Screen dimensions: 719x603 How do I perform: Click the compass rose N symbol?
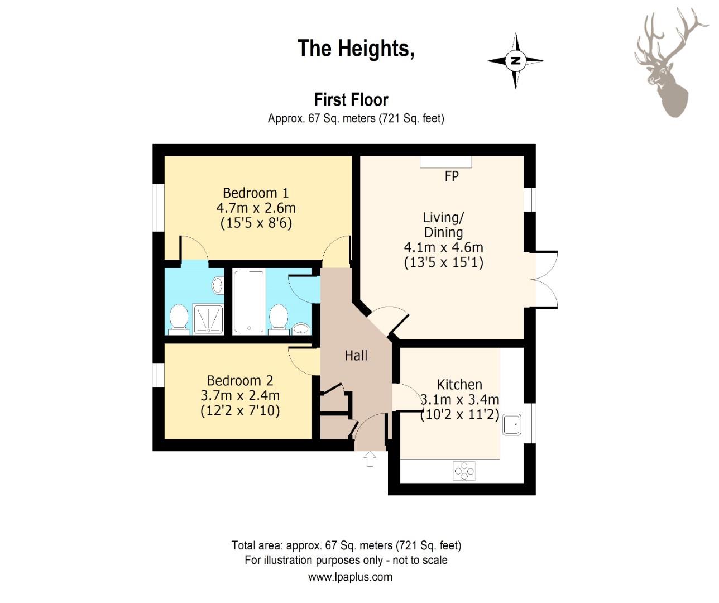[515, 61]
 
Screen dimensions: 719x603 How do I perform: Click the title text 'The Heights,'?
[356, 49]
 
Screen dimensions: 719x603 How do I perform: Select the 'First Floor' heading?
[351, 100]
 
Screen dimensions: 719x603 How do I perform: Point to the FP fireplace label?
[452, 176]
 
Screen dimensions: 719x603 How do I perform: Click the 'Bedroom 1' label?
[256, 193]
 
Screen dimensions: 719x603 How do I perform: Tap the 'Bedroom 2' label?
[240, 381]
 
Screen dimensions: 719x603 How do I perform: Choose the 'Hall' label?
[356, 356]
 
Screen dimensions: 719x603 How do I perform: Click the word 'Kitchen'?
[459, 384]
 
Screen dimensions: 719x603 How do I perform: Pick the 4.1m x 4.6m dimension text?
[444, 247]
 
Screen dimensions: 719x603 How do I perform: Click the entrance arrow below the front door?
[370, 459]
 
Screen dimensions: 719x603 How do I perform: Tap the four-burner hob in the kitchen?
[464, 471]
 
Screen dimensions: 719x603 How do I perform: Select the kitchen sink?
[511, 425]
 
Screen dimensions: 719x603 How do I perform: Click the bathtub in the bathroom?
[248, 302]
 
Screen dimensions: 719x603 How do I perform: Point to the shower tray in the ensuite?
[208, 319]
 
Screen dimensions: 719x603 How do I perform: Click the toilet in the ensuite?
[179, 319]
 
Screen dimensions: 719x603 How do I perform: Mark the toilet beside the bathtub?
[279, 319]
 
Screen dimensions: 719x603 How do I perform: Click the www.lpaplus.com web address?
[350, 577]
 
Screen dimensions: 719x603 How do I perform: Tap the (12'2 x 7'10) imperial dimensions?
[240, 410]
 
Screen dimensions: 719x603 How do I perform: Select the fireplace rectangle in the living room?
[446, 162]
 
